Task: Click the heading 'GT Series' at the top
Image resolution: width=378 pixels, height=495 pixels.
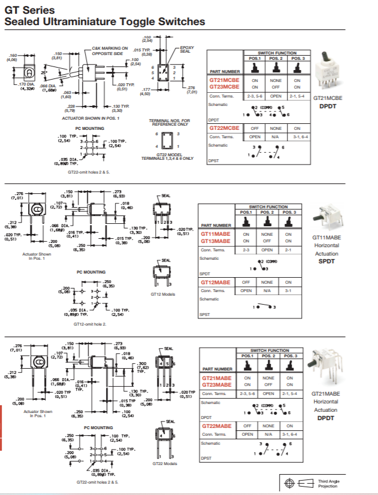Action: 30,10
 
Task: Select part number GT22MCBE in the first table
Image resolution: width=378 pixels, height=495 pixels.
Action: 223,128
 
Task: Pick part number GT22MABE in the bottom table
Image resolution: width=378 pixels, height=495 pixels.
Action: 216,426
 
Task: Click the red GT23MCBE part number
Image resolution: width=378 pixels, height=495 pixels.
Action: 223,87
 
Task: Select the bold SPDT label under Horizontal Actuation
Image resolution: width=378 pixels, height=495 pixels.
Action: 326,261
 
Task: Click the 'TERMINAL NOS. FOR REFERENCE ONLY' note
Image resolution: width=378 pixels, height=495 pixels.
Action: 169,122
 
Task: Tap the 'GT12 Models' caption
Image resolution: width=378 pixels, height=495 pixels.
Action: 163,294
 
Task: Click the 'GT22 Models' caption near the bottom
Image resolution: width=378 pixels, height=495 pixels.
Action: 164,463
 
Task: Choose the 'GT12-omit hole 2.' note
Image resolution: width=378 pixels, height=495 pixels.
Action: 91,324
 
